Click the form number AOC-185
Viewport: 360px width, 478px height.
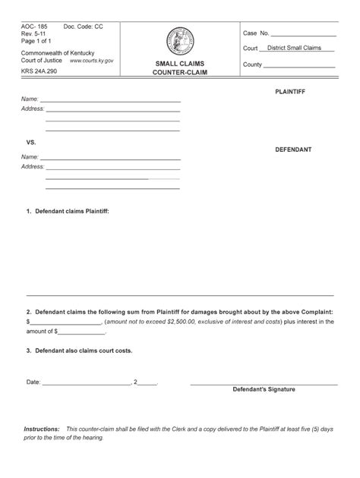(x=36, y=27)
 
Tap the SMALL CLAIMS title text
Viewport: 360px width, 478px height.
(x=179, y=64)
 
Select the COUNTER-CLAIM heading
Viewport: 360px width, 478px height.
(x=179, y=74)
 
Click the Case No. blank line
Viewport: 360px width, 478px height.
(x=303, y=35)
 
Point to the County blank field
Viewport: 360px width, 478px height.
(x=299, y=66)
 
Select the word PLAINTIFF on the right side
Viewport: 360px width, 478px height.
(x=295, y=91)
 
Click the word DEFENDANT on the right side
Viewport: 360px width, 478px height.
(x=294, y=149)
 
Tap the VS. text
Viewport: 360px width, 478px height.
(x=31, y=143)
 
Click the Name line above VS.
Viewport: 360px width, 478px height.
(x=110, y=100)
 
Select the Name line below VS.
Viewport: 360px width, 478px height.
(x=110, y=158)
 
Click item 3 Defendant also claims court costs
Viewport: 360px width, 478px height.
(x=79, y=351)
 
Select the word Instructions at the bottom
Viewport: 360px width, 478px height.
(x=42, y=429)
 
